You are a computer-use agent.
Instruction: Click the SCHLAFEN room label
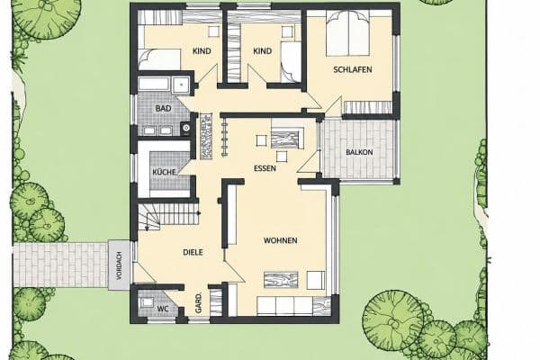click(x=352, y=69)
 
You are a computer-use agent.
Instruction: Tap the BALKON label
click(x=359, y=152)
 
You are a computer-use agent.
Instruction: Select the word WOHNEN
click(x=280, y=240)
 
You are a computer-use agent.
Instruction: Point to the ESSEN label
click(x=265, y=168)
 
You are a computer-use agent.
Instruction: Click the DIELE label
click(x=193, y=252)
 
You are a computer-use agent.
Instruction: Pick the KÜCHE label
click(x=165, y=172)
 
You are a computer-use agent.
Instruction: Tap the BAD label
click(x=163, y=109)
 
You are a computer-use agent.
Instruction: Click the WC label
click(x=163, y=309)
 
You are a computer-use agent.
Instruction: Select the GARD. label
click(x=198, y=303)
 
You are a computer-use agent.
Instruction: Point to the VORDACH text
click(x=119, y=265)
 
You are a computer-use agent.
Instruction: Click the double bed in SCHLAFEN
click(x=348, y=33)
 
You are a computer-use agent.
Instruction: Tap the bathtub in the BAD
click(x=154, y=85)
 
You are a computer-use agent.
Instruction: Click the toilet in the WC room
click(x=146, y=302)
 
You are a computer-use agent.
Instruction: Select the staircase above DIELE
click(x=168, y=216)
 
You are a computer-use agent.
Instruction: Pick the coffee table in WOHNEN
click(x=281, y=279)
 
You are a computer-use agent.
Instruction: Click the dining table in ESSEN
click(x=288, y=139)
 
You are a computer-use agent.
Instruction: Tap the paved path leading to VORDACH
click(x=60, y=265)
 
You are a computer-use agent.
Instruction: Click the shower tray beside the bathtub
click(x=181, y=85)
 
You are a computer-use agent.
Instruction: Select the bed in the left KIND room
click(x=159, y=59)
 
